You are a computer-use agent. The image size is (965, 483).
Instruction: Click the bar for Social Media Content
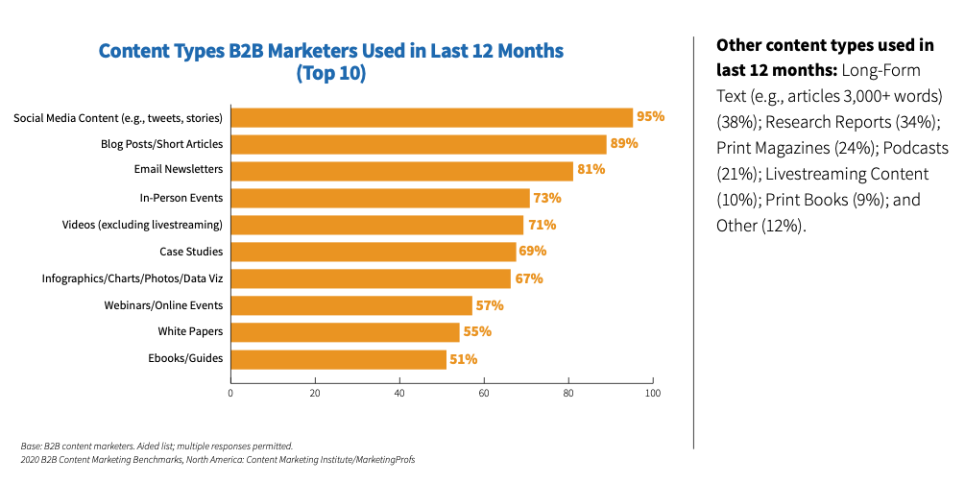[432, 118]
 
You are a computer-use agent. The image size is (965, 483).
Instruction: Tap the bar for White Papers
[346, 332]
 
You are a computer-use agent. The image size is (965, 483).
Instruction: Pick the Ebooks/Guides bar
[338, 359]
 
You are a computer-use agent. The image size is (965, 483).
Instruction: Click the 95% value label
[650, 117]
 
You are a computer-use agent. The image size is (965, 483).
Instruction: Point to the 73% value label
[547, 198]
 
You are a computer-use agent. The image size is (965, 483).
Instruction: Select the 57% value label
[490, 305]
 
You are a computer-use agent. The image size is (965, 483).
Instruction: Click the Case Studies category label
[191, 252]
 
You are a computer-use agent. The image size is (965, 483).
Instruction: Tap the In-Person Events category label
[181, 198]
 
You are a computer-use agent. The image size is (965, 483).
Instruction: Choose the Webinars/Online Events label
[163, 305]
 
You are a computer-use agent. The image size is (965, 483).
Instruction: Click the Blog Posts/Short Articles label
[161, 144]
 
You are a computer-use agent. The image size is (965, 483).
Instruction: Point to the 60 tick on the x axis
[484, 393]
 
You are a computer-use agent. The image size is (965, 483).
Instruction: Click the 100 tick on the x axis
[653, 393]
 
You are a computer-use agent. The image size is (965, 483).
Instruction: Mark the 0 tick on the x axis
[230, 393]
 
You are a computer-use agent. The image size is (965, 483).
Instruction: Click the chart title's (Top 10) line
[331, 74]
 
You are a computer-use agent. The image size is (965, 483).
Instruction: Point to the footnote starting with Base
[157, 446]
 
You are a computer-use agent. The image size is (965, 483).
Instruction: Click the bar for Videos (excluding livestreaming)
[376, 225]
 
